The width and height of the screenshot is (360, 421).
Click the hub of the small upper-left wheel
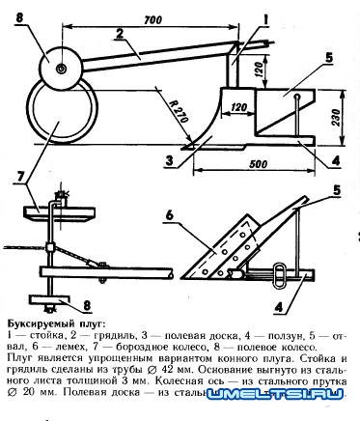coord(61,69)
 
